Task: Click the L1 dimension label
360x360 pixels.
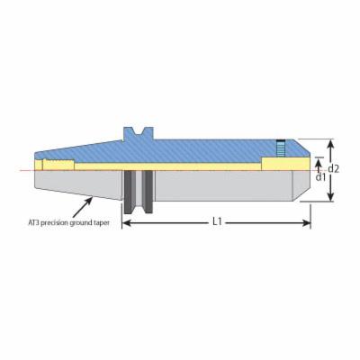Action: point(217,222)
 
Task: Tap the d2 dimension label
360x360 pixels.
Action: point(333,169)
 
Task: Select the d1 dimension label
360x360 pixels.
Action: point(320,177)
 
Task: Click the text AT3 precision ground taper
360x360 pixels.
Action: point(68,223)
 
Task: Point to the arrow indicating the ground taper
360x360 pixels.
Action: point(82,207)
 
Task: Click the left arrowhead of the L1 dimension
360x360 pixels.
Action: point(127,223)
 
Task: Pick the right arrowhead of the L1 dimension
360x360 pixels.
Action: point(307,223)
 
